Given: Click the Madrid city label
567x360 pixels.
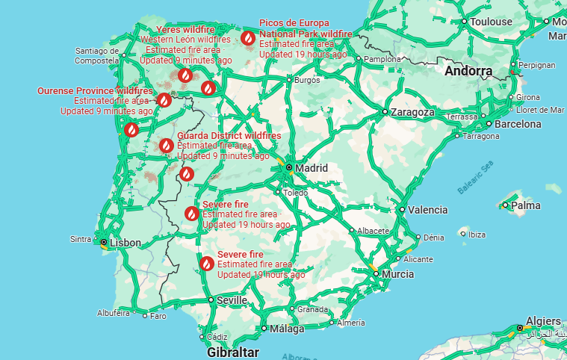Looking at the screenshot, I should click(312, 168).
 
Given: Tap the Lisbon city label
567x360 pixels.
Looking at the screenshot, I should click(125, 243).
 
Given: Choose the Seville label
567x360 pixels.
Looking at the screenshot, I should click(232, 300).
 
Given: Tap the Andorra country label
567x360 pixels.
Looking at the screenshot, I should click(468, 72).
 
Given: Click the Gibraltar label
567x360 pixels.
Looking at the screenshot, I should click(234, 352).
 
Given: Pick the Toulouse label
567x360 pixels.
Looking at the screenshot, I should click(491, 22).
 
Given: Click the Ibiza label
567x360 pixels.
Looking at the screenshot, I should click(476, 235).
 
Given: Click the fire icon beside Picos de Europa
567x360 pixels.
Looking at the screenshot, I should click(247, 37).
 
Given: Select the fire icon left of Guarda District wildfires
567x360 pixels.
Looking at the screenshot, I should click(166, 146).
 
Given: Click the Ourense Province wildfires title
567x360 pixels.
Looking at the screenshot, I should click(94, 91).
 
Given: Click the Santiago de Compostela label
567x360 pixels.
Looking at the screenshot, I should click(97, 55).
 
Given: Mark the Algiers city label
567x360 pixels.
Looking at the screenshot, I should click(543, 321).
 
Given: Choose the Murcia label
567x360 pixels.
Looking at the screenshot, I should click(397, 274).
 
